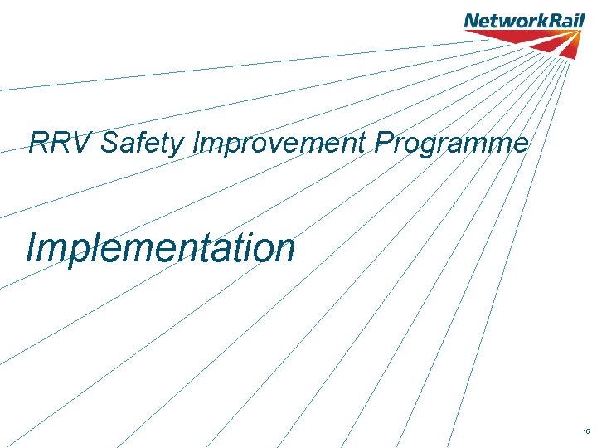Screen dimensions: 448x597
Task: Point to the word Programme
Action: coord(452,144)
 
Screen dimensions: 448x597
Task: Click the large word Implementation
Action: coord(160,247)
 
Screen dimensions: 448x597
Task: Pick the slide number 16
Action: coord(586,432)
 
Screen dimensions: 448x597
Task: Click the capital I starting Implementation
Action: coord(31,247)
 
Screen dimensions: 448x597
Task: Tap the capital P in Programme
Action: coord(383,144)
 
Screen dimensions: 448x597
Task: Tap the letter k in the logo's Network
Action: coord(535,20)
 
